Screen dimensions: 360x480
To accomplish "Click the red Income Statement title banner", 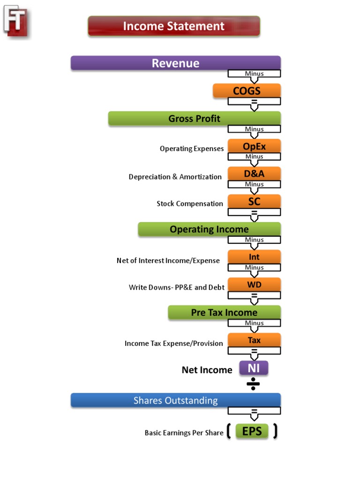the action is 173,26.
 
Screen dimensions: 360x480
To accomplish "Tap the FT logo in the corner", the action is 16,20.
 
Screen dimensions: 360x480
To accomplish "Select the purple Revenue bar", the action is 175,63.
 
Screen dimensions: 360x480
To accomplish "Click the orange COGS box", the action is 247,90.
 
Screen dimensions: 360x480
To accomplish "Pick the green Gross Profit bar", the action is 194,118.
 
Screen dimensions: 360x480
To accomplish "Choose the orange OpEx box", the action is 254,146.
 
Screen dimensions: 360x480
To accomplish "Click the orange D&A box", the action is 254,173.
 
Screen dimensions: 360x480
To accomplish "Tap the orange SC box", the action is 254,202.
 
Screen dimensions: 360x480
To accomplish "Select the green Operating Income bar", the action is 209,229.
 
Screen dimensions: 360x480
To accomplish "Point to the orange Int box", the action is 254,257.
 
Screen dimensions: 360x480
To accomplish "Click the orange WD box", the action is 254,285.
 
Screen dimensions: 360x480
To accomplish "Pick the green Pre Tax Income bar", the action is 224,312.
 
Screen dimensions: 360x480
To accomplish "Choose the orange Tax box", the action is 254,340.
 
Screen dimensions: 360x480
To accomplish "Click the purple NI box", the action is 254,368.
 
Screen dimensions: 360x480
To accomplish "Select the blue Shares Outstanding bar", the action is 175,400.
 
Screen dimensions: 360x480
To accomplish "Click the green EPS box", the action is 252,431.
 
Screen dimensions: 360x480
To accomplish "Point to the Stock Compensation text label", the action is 190,203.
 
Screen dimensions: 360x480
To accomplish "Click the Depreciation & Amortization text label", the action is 175,177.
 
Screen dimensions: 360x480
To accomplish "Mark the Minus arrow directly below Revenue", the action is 254,75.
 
